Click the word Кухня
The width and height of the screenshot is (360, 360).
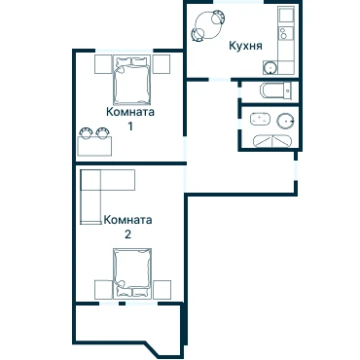pos(245,46)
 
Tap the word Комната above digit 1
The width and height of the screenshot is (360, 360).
pos(130,112)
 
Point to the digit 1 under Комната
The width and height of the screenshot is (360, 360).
pos(130,126)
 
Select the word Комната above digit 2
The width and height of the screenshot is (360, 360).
pos(127,220)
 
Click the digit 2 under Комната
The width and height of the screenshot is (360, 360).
pos(128,234)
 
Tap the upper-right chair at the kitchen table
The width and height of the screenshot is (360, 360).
pos(218,17)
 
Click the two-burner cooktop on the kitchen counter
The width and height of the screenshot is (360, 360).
pos(285,32)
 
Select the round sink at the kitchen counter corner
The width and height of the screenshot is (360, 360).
pos(270,67)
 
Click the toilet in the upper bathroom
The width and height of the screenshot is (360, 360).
pos(287,90)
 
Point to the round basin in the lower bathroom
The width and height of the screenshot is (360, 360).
pos(286,121)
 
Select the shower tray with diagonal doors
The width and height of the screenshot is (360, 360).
pos(273,141)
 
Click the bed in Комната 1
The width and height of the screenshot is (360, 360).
pos(132,80)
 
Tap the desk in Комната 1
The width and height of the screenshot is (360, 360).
pos(94,146)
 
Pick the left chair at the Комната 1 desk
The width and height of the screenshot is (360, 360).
pos(87,133)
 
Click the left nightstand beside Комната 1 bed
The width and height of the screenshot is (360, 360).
pos(103,64)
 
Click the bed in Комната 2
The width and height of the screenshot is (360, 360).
pos(132,273)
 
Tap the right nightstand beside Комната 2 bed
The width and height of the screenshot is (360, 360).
pos(162,290)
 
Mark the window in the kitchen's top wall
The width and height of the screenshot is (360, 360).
pos(238,2)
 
